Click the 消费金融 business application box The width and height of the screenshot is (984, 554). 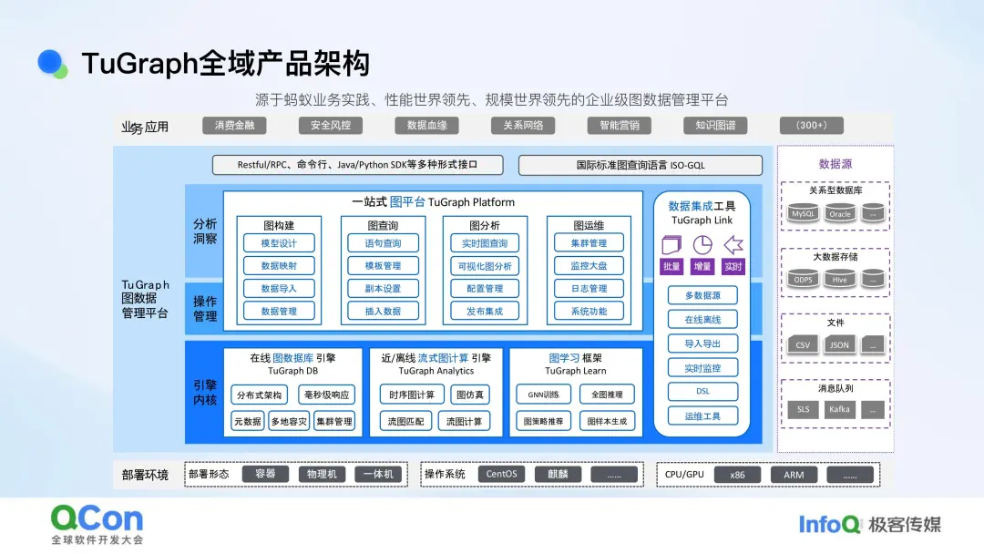(234, 126)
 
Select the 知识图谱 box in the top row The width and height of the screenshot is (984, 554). (715, 126)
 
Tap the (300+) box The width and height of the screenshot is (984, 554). (811, 126)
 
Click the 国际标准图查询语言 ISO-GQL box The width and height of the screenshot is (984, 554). (640, 166)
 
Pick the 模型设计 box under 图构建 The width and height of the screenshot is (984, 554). (279, 243)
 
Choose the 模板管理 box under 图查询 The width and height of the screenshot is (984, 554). (383, 266)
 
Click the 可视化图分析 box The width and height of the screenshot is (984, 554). (485, 266)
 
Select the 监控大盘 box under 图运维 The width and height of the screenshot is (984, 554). (589, 266)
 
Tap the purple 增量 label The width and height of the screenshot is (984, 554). (702, 267)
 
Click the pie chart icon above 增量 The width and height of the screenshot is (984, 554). (702, 245)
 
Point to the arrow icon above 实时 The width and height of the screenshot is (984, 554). (733, 245)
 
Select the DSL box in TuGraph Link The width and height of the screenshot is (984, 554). (702, 392)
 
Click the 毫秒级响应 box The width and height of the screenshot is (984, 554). (327, 395)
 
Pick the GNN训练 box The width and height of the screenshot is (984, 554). (543, 395)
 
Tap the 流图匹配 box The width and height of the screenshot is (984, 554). (406, 422)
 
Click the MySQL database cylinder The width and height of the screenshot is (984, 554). (803, 214)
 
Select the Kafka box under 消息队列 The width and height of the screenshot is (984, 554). (839, 410)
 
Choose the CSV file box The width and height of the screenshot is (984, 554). (803, 345)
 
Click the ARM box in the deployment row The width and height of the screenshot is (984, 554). (794, 475)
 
